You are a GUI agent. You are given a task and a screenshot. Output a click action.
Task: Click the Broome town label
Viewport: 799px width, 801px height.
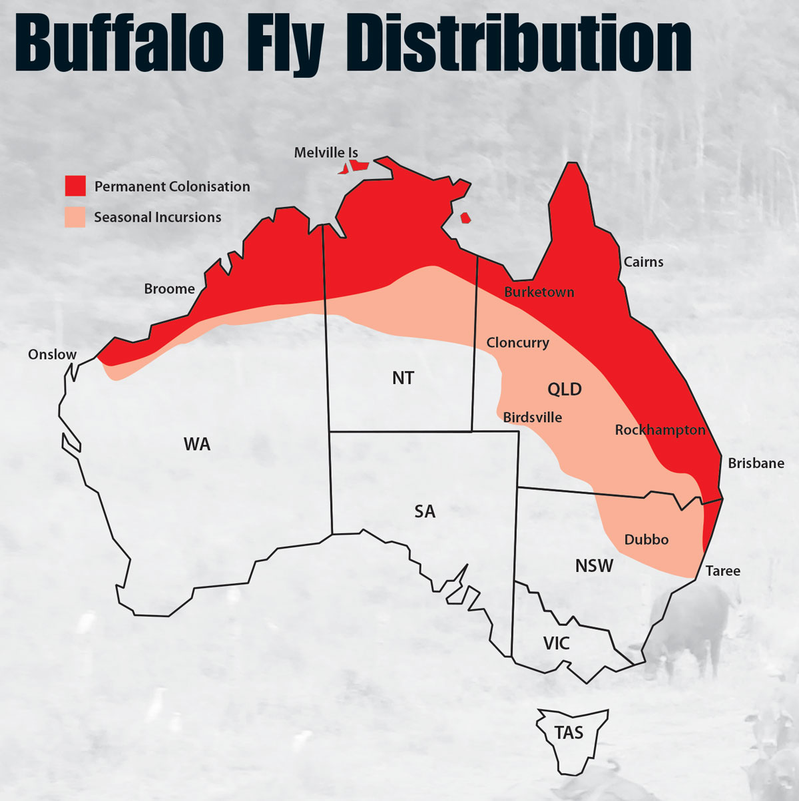click(169, 289)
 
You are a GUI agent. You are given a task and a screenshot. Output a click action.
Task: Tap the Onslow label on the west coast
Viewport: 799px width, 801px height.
click(52, 354)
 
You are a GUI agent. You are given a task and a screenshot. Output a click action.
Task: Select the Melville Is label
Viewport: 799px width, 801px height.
click(326, 153)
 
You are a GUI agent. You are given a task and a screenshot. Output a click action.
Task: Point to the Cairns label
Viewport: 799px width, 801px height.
click(643, 262)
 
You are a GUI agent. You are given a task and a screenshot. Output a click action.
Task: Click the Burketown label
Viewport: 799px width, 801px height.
click(539, 292)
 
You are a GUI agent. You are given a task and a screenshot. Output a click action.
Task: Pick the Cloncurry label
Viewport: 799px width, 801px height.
click(517, 343)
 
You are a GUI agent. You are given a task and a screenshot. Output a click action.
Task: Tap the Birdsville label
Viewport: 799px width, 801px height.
click(532, 417)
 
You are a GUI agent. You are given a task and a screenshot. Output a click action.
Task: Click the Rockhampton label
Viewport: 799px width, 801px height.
click(659, 430)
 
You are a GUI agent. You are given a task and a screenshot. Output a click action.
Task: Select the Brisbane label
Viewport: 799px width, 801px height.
click(756, 463)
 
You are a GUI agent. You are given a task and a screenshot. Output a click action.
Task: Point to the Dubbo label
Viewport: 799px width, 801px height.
click(646, 539)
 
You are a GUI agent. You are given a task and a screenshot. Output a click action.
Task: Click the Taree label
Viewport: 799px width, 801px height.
click(722, 571)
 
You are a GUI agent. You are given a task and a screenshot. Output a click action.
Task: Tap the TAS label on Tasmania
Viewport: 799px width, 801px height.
click(569, 733)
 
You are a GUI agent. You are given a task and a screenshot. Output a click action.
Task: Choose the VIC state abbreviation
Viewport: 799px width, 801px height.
click(556, 643)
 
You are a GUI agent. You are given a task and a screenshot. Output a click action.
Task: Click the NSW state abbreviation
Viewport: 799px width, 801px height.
click(594, 566)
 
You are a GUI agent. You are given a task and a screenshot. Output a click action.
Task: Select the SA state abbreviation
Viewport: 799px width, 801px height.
click(425, 511)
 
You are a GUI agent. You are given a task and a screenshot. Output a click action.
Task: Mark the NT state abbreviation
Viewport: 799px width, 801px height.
click(403, 378)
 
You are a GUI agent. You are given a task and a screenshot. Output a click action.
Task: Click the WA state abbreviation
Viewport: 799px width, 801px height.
click(197, 444)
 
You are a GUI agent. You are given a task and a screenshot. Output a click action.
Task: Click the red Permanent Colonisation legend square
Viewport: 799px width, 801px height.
click(75, 186)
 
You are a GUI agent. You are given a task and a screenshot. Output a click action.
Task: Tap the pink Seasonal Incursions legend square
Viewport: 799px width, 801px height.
click(75, 217)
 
